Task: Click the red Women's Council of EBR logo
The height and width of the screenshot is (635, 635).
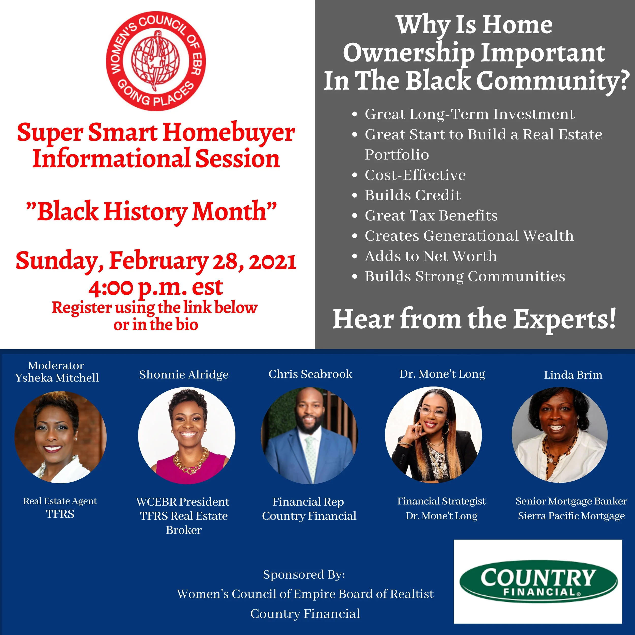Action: tap(156, 61)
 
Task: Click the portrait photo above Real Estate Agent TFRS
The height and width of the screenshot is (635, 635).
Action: tap(60, 437)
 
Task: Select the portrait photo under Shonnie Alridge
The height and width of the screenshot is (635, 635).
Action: tap(187, 436)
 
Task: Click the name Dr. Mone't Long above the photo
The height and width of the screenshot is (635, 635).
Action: tap(442, 374)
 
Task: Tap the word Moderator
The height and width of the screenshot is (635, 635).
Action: tap(56, 366)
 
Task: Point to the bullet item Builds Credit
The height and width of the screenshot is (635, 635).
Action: tap(412, 195)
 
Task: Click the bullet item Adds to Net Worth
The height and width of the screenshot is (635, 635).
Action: tap(431, 256)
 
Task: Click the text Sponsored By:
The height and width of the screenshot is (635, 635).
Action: tap(304, 575)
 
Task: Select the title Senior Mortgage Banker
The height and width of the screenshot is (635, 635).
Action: tap(571, 501)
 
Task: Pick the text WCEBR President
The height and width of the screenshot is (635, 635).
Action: tap(183, 502)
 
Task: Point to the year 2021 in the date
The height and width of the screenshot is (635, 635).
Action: tap(273, 262)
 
